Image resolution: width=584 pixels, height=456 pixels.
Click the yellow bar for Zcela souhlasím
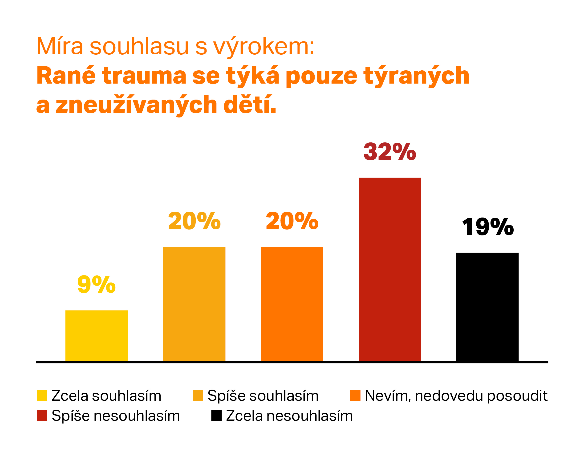point(96,336)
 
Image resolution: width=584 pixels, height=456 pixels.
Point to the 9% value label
point(96,284)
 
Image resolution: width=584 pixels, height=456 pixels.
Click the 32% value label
point(389,152)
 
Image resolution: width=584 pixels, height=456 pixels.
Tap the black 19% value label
point(488,227)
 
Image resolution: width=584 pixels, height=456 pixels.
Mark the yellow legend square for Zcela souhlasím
point(42,395)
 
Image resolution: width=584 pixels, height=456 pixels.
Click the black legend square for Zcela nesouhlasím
point(216,416)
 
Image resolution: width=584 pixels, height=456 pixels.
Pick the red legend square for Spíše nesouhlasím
point(42,416)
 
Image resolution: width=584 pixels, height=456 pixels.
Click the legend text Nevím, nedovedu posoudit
point(456,396)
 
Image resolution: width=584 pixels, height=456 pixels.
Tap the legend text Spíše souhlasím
point(263,396)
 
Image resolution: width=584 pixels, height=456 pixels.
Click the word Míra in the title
point(60,47)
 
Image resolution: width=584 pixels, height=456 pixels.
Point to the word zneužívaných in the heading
point(136,105)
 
